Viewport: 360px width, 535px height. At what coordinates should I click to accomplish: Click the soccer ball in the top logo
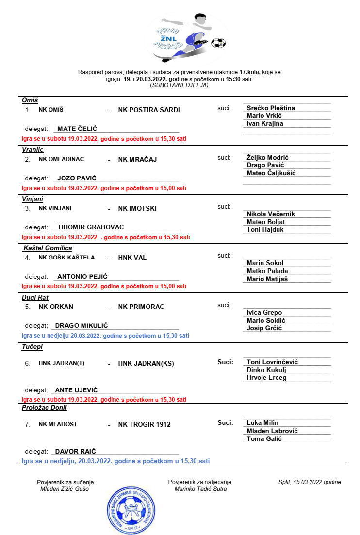coord(218,43)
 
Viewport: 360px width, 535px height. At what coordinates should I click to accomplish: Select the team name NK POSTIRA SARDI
coord(149,110)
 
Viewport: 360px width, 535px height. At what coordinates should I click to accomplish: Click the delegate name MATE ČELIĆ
coord(77,129)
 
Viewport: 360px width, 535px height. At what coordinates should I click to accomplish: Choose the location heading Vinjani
coord(33,199)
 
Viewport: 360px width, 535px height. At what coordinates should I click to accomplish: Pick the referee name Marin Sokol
coord(264,263)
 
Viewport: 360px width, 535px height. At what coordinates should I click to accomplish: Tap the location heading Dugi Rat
coord(35,298)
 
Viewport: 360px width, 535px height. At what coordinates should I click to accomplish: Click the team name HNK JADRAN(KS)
coord(146,363)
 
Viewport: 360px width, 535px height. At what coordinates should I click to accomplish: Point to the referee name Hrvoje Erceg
coord(266,377)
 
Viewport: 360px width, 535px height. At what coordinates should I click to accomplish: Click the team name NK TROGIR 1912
coord(144,424)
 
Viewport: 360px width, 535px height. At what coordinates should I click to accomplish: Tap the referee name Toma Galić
coord(264,438)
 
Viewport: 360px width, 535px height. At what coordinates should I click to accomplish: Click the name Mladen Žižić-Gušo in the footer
coord(65,489)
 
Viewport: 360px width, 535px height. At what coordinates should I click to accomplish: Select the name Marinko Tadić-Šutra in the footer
coord(200,489)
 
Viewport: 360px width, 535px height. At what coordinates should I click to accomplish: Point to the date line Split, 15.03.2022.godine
coord(310,482)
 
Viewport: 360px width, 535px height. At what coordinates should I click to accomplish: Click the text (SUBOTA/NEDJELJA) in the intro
coord(180,85)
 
